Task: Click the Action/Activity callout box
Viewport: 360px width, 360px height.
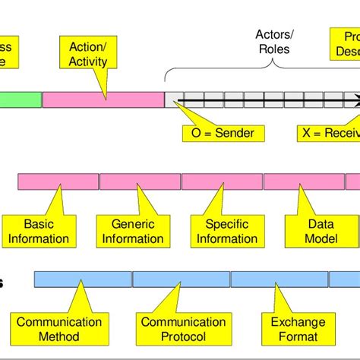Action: tap(88, 54)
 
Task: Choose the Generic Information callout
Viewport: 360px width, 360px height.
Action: tap(133, 231)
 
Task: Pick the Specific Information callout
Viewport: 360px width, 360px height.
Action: tap(221, 231)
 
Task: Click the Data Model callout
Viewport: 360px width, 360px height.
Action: tap(310, 231)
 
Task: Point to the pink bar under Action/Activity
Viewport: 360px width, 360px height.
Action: tap(103, 99)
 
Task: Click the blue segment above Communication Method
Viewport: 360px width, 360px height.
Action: tap(83, 279)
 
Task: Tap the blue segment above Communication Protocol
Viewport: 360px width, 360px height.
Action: tap(181, 279)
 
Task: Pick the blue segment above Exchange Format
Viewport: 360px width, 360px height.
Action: tap(279, 279)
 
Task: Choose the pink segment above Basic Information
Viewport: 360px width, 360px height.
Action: tap(58, 182)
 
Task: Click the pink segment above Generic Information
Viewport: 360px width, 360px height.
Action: tap(140, 182)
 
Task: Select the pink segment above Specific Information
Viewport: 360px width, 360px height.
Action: tap(222, 182)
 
